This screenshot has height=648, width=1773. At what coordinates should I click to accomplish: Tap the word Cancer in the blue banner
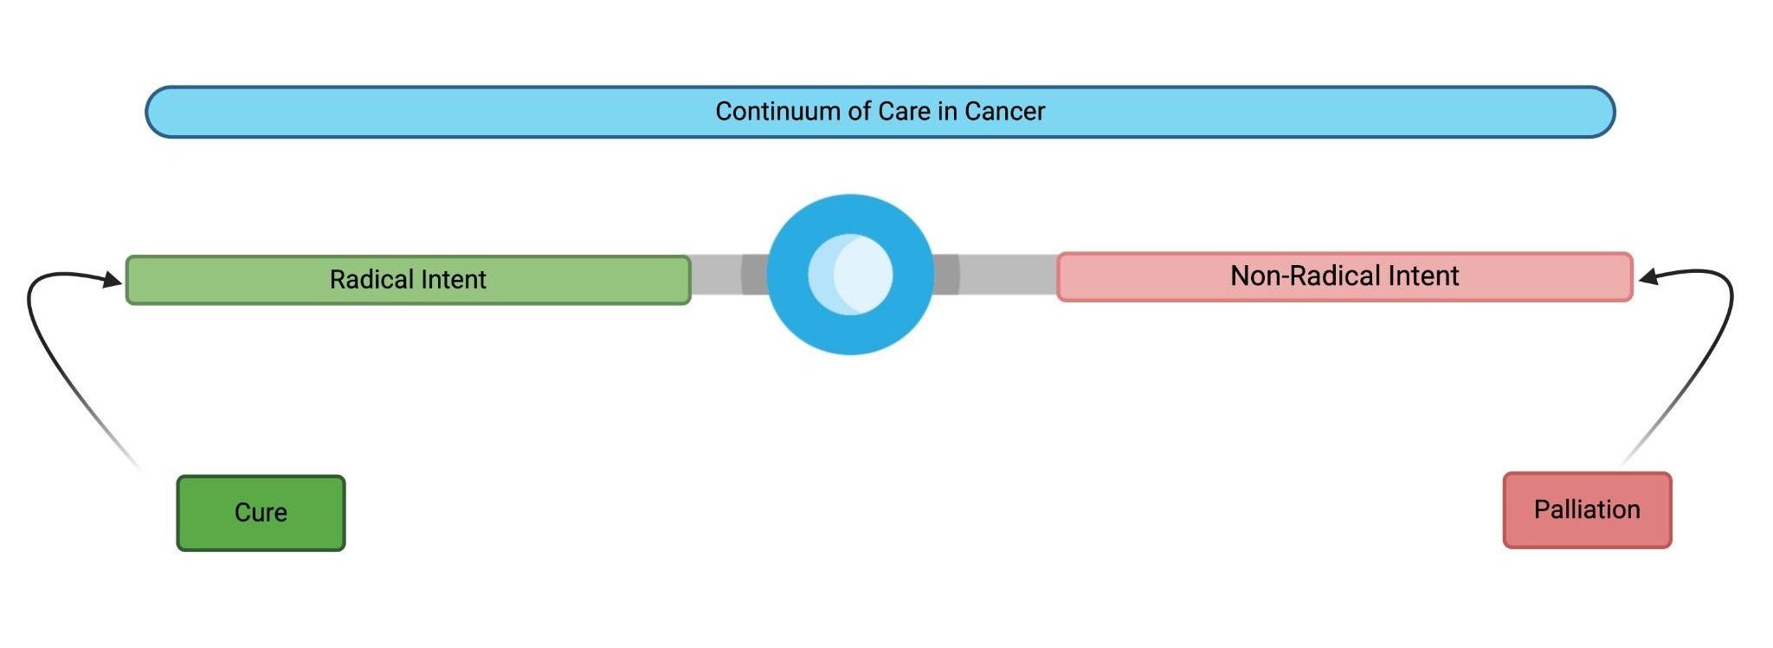point(1004,112)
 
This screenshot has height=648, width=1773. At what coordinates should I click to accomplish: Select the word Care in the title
point(903,112)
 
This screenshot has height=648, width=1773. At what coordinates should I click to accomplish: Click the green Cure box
point(261,513)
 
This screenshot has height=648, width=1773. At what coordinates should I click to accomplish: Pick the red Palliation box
point(1587,510)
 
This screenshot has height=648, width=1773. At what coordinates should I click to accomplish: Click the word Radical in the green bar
point(369,280)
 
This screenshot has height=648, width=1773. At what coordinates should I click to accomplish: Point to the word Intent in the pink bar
point(1423,276)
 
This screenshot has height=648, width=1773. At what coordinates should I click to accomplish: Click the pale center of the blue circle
point(850,275)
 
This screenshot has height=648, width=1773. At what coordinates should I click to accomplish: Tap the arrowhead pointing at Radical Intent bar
point(113,279)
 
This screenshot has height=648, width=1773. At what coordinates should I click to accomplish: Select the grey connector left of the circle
point(716,275)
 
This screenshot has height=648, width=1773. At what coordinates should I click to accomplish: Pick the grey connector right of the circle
point(1008,275)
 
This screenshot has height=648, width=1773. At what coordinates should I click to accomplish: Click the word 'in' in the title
point(946,112)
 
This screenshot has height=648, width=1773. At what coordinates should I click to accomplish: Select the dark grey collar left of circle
point(755,275)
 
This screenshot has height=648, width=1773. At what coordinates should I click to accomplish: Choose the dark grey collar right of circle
point(945,275)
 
